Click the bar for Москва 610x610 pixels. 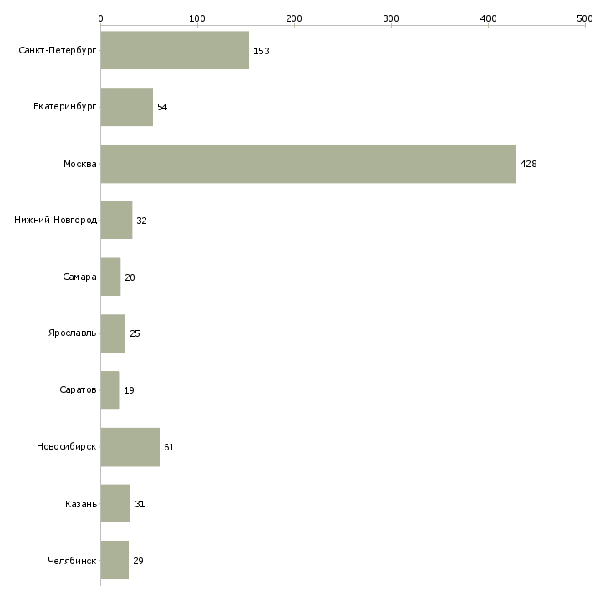coord(308,164)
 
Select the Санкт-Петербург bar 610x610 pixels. coord(175,50)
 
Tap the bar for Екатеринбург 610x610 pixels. coord(127,107)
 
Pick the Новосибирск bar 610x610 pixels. coord(130,447)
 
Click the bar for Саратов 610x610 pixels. coord(110,390)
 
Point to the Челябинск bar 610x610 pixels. coord(114,560)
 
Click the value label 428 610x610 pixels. coord(528,164)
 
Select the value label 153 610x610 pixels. coord(262,51)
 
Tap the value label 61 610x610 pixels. coord(169,447)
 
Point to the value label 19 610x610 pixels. coord(129,390)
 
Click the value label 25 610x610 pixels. coord(135,333)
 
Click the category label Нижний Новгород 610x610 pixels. coord(56,221)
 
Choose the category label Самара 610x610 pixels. coord(79,277)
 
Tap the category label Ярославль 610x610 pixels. coord(73,333)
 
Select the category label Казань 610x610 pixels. coord(81,504)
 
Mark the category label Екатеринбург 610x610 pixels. coord(64,107)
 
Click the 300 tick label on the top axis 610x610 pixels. coord(391,18)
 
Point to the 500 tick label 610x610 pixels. coord(585,18)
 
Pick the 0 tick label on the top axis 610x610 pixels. coord(101,18)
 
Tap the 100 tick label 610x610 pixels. coord(197,18)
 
